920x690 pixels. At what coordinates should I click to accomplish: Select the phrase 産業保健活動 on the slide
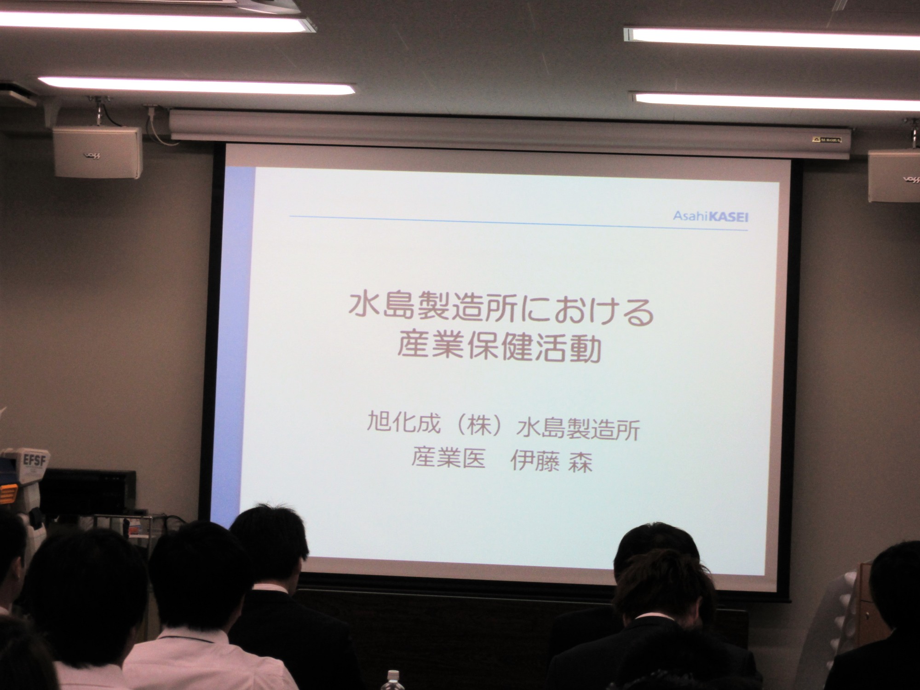pyautogui.click(x=499, y=348)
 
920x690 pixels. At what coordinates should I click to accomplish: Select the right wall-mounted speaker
pyautogui.click(x=894, y=176)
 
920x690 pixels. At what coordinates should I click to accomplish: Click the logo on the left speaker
pyautogui.click(x=92, y=155)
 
